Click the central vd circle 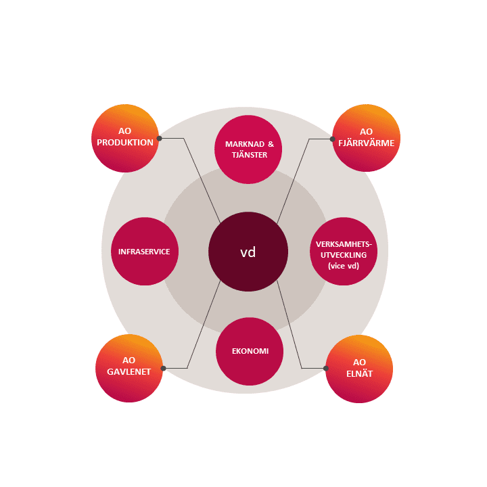pos(248,252)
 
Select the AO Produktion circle pos(125,138)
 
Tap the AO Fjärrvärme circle pos(366,138)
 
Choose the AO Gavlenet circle pos(129,368)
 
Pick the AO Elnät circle pos(359,369)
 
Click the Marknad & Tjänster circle pos(248,149)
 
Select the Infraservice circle pos(145,251)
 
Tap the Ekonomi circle pos(250,351)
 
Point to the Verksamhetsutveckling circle pos(344,251)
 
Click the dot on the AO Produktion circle pos(160,138)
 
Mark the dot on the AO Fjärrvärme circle pos(332,139)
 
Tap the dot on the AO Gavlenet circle pos(164,369)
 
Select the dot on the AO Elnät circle pos(326,369)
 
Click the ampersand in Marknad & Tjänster pos(271,144)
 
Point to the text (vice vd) pos(344,266)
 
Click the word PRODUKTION pos(125,143)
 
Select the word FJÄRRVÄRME pos(366,143)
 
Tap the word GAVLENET pos(129,372)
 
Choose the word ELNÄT pos(359,373)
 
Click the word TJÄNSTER pos(250,154)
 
